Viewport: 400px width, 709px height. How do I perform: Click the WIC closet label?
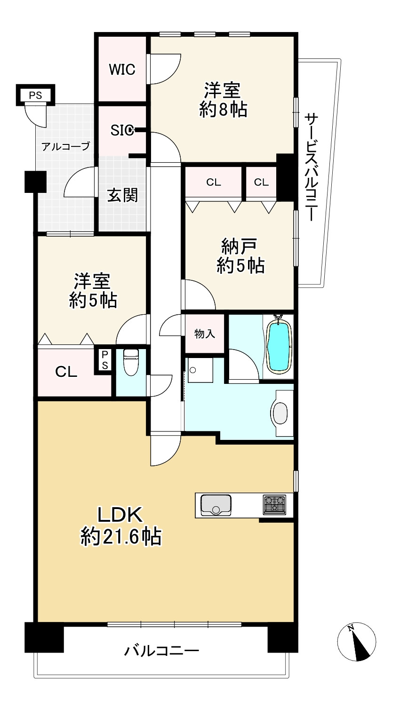122,69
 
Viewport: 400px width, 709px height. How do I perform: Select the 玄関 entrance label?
122,195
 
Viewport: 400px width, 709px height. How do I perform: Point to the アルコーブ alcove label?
65,146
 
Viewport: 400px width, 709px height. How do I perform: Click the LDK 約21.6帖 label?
120,525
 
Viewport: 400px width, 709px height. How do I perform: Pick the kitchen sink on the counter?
216,505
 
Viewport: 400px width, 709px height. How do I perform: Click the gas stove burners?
274,505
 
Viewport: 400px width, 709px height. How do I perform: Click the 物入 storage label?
205,334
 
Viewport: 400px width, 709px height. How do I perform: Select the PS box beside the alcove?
35,95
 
